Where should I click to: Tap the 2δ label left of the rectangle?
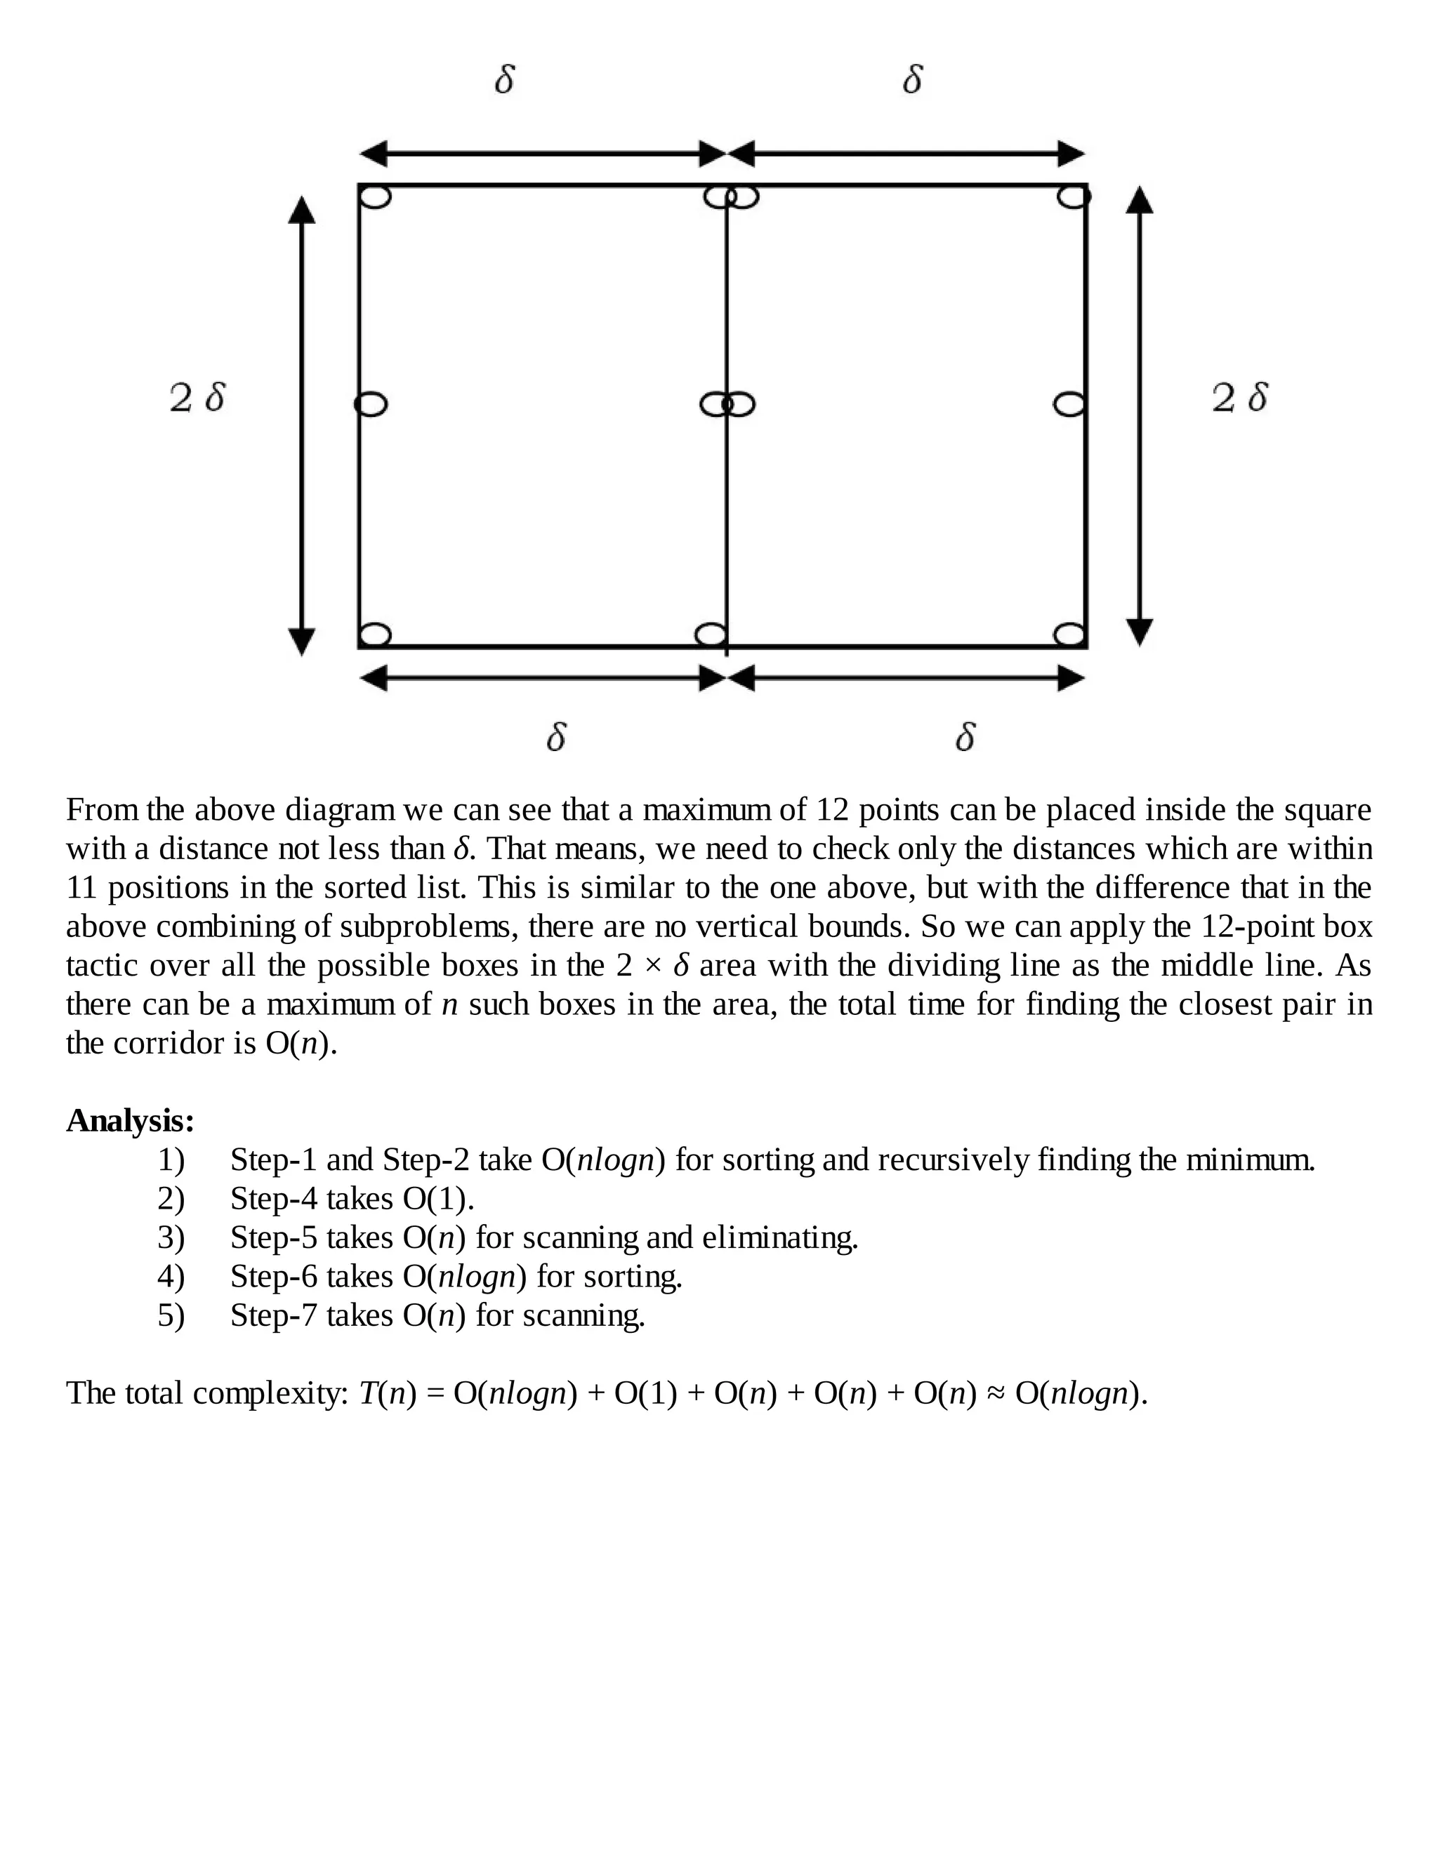[197, 398]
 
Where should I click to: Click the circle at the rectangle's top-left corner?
[376, 197]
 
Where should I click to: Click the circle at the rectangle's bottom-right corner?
[1070, 635]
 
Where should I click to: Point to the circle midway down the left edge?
[371, 404]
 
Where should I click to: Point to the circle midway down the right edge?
[1070, 404]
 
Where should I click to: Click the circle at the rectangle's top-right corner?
[1074, 197]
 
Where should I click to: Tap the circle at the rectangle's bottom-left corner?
[376, 635]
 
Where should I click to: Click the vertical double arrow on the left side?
[301, 426]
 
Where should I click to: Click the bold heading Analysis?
[131, 1121]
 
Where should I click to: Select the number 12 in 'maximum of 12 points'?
[833, 809]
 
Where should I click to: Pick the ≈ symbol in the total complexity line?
[995, 1393]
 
